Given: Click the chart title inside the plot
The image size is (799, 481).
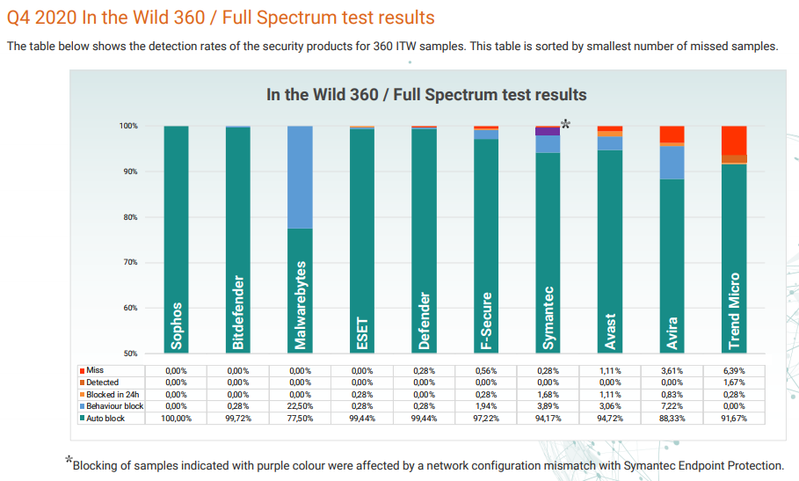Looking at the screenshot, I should click(426, 95).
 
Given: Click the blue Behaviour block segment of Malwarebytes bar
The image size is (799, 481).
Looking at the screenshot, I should click(300, 177).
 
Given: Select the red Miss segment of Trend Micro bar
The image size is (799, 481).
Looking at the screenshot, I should click(734, 140).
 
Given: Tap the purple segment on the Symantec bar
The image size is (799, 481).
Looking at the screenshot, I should click(548, 131).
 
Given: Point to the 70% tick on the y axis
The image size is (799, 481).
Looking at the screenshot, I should click(128, 263).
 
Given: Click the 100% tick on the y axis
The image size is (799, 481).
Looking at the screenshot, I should click(128, 127).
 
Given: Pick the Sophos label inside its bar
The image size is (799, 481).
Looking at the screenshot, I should click(177, 325).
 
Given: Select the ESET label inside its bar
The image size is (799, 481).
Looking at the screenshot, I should click(362, 333).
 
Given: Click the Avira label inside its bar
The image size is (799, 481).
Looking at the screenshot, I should click(672, 332).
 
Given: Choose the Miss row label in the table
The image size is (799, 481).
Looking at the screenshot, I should click(94, 370).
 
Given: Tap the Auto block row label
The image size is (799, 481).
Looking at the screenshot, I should click(105, 418).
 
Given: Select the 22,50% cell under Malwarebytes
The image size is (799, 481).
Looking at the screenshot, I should click(301, 406).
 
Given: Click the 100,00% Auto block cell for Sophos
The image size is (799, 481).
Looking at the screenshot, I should click(177, 418).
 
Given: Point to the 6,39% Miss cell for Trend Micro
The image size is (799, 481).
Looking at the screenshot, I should click(734, 371).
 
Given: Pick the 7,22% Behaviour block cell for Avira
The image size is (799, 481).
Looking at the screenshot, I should click(672, 406).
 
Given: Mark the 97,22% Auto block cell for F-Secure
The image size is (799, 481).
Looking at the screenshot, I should click(486, 418).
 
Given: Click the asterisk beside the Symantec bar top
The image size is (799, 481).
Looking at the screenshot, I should click(566, 124).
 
